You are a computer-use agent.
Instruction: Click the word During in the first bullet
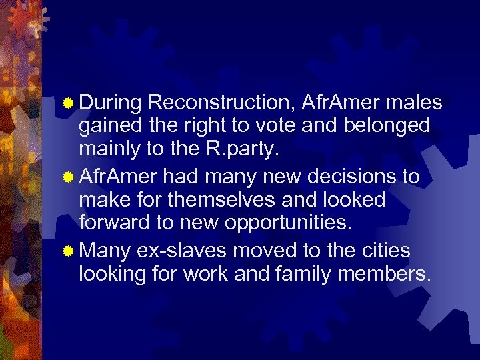[x=110, y=103]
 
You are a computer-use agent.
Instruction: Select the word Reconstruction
[x=222, y=103]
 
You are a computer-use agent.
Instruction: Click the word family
[x=287, y=274]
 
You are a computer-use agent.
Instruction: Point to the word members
[x=382, y=274]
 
